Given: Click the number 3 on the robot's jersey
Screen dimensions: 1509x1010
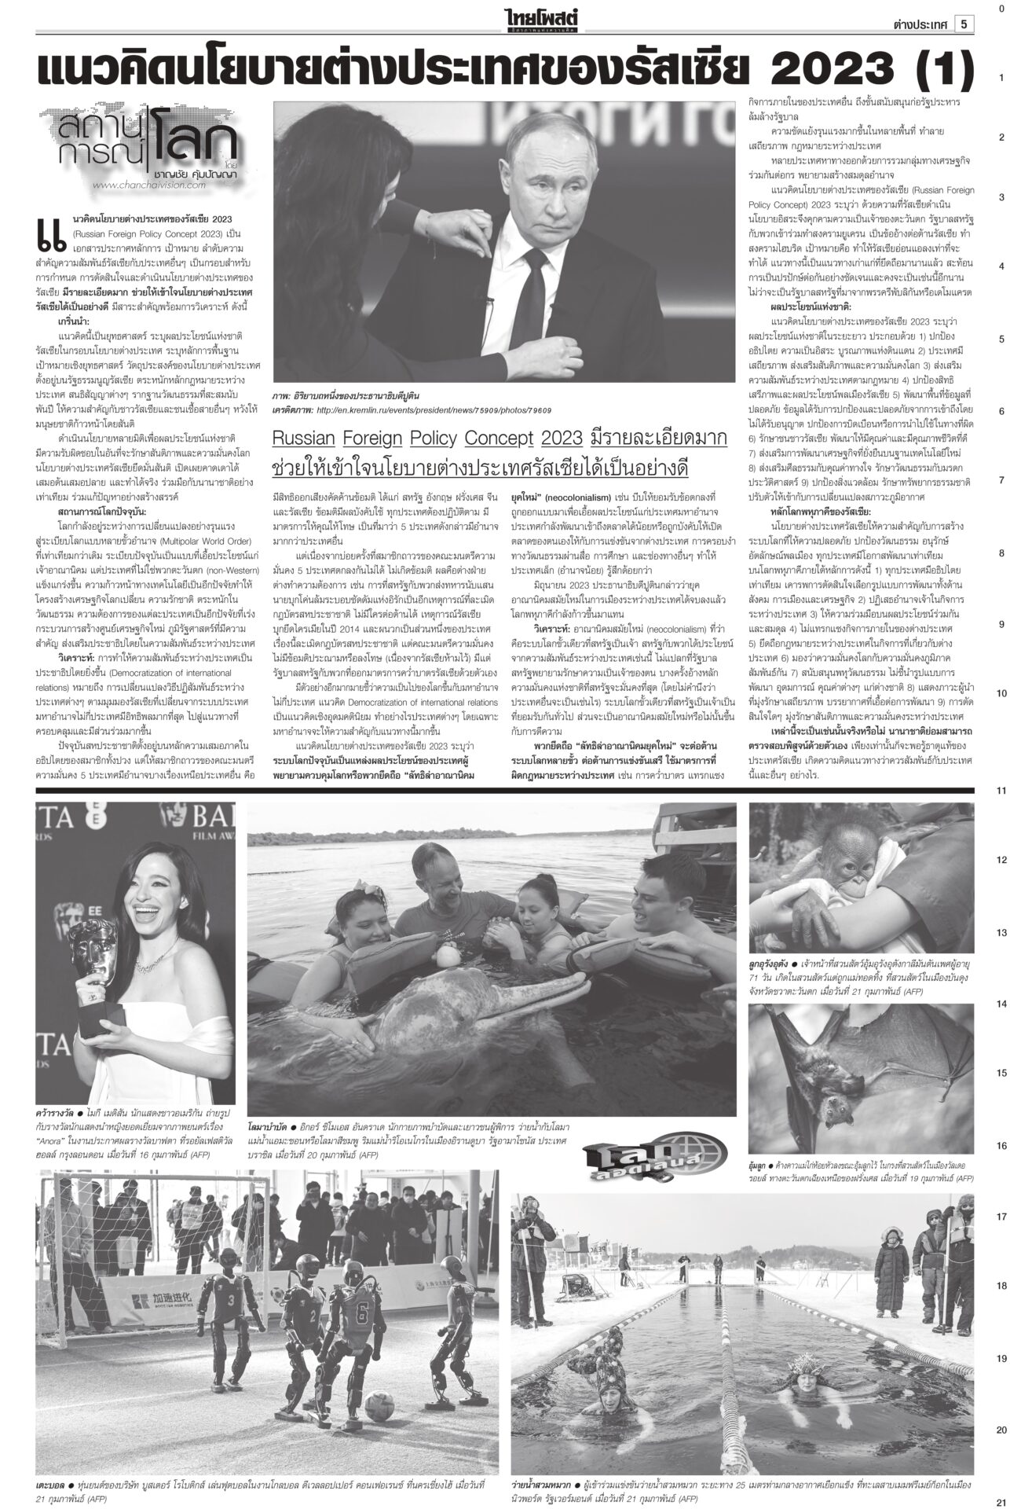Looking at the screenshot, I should tap(229, 1294).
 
